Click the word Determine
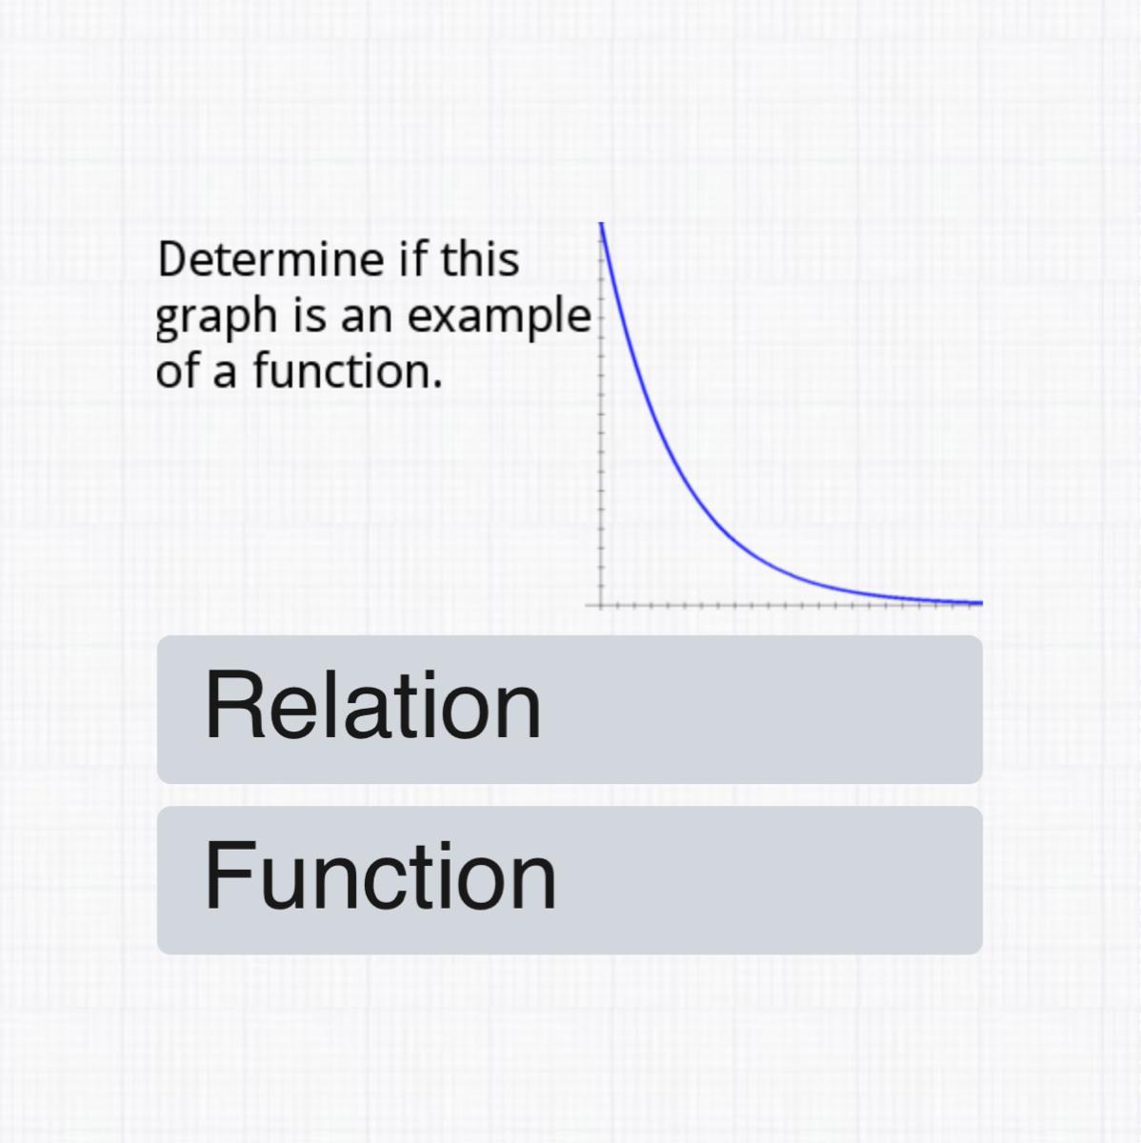pyautogui.click(x=270, y=260)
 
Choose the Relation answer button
pyautogui.click(x=570, y=710)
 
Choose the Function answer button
pyautogui.click(x=570, y=880)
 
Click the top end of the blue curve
pyautogui.click(x=602, y=224)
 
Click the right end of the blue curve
pyautogui.click(x=982, y=603)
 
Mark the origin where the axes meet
pyautogui.click(x=601, y=606)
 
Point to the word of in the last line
pyautogui.click(x=177, y=371)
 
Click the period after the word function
pyautogui.click(x=438, y=385)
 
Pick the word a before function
pyautogui.click(x=225, y=376)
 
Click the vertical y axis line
pyautogui.click(x=601, y=415)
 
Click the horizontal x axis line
pyautogui.click(x=783, y=606)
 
